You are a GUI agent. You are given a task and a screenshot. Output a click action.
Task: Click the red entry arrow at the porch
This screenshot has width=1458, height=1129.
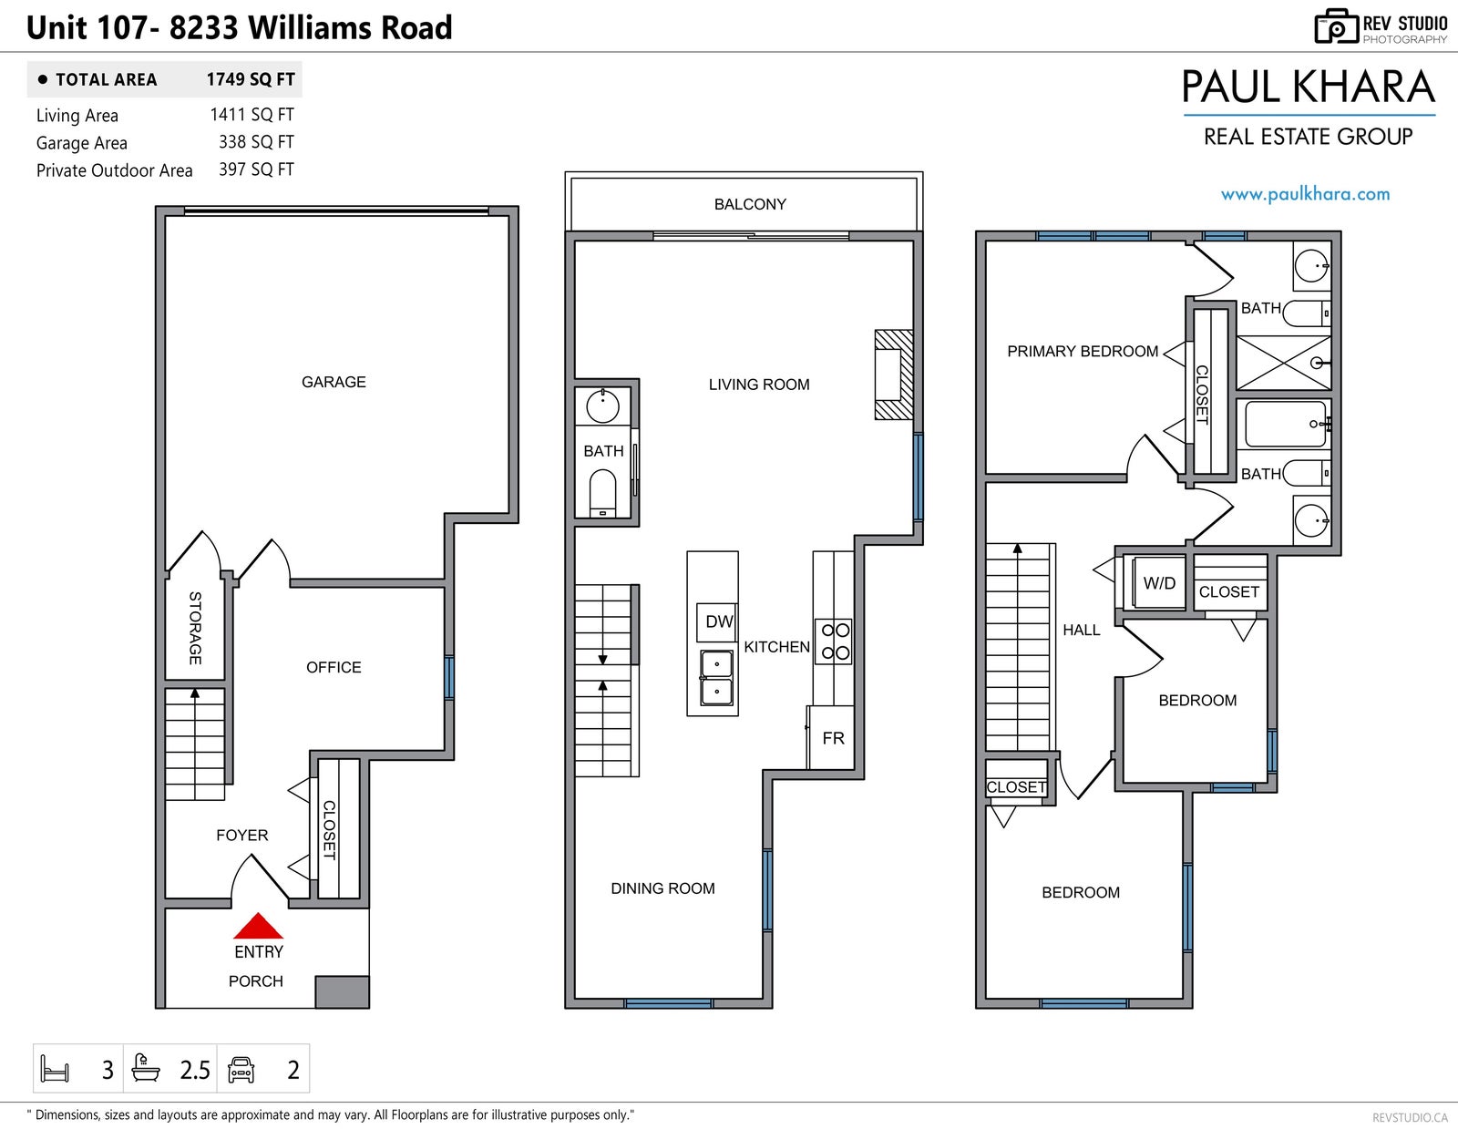pyautogui.click(x=258, y=926)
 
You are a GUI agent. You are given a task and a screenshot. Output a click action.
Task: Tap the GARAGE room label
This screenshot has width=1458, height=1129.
pyautogui.click(x=334, y=382)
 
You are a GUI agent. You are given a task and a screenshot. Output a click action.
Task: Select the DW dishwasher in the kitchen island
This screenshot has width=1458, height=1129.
pyautogui.click(x=717, y=621)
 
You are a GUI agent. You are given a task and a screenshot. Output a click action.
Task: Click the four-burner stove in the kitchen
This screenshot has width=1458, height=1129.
pyautogui.click(x=833, y=641)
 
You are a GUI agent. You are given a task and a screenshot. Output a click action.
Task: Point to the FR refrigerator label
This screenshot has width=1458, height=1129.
pyautogui.click(x=833, y=738)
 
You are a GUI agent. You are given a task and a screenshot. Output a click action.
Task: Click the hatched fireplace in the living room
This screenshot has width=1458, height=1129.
pyautogui.click(x=894, y=375)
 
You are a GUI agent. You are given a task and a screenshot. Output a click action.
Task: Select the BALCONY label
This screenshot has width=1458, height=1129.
pyautogui.click(x=750, y=204)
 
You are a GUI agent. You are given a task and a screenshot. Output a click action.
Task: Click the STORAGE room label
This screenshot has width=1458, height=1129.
pyautogui.click(x=195, y=628)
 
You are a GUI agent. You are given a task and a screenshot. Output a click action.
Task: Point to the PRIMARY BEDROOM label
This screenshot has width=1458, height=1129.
pyautogui.click(x=1083, y=351)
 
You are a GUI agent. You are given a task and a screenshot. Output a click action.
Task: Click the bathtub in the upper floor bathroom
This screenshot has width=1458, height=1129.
pyautogui.click(x=1286, y=424)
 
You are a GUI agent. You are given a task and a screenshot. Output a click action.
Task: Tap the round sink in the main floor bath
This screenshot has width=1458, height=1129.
pyautogui.click(x=602, y=405)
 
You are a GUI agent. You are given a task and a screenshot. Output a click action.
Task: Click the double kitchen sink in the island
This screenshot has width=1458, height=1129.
pyautogui.click(x=716, y=678)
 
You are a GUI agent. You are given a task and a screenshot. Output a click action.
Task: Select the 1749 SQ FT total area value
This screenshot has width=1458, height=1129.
pyautogui.click(x=251, y=79)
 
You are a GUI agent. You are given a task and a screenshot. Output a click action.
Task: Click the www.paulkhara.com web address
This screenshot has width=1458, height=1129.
pyautogui.click(x=1305, y=194)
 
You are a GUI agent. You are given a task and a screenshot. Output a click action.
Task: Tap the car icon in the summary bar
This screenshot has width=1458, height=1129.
pyautogui.click(x=241, y=1069)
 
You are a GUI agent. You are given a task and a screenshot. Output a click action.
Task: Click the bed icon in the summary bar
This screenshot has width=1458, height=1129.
pyautogui.click(x=55, y=1069)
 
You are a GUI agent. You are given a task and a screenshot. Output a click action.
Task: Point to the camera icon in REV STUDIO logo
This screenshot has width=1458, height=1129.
pyautogui.click(x=1336, y=26)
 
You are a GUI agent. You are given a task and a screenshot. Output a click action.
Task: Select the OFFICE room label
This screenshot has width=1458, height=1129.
pyautogui.click(x=334, y=667)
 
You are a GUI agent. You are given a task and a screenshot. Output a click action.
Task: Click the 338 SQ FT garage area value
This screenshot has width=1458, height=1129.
pyautogui.click(x=256, y=141)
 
